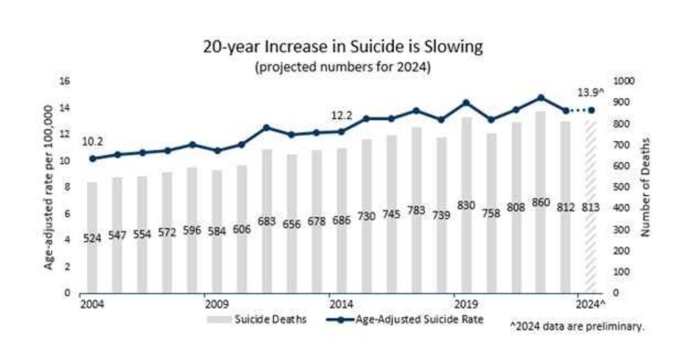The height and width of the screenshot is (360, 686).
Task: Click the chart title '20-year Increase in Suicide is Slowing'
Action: coord(342,47)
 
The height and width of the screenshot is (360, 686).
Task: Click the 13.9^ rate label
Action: coord(589,92)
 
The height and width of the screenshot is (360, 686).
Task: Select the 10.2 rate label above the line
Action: coord(92,141)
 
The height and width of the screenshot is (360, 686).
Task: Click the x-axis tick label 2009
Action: coord(217,305)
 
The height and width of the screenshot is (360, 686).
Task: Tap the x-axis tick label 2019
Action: coord(465,305)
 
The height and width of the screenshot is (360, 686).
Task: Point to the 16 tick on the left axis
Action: coord(66,81)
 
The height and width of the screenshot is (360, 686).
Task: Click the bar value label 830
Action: coord(465,205)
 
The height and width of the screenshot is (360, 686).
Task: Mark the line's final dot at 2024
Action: coord(591,111)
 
